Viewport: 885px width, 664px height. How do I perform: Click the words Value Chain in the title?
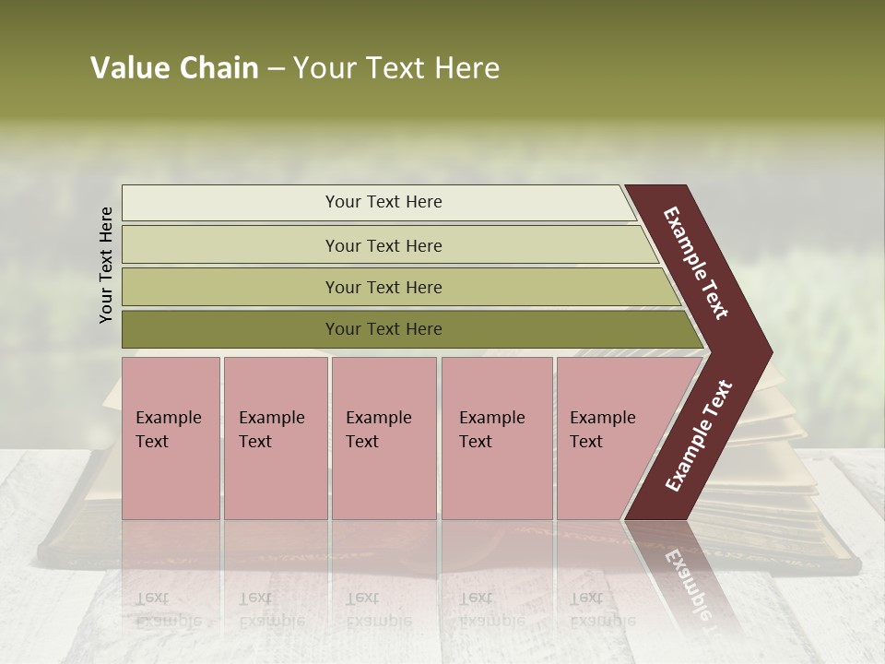tap(174, 68)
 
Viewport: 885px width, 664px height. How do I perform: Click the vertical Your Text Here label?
tap(106, 265)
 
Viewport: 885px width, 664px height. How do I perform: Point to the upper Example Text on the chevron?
tap(696, 263)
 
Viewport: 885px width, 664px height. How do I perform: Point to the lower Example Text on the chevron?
tap(699, 436)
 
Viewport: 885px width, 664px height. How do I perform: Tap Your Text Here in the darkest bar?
tap(383, 329)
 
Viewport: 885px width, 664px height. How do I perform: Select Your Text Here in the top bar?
tap(383, 202)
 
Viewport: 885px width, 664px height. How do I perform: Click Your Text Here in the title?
tap(396, 68)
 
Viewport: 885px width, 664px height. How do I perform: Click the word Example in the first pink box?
tap(168, 418)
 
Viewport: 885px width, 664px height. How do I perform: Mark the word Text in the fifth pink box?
tap(586, 442)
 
